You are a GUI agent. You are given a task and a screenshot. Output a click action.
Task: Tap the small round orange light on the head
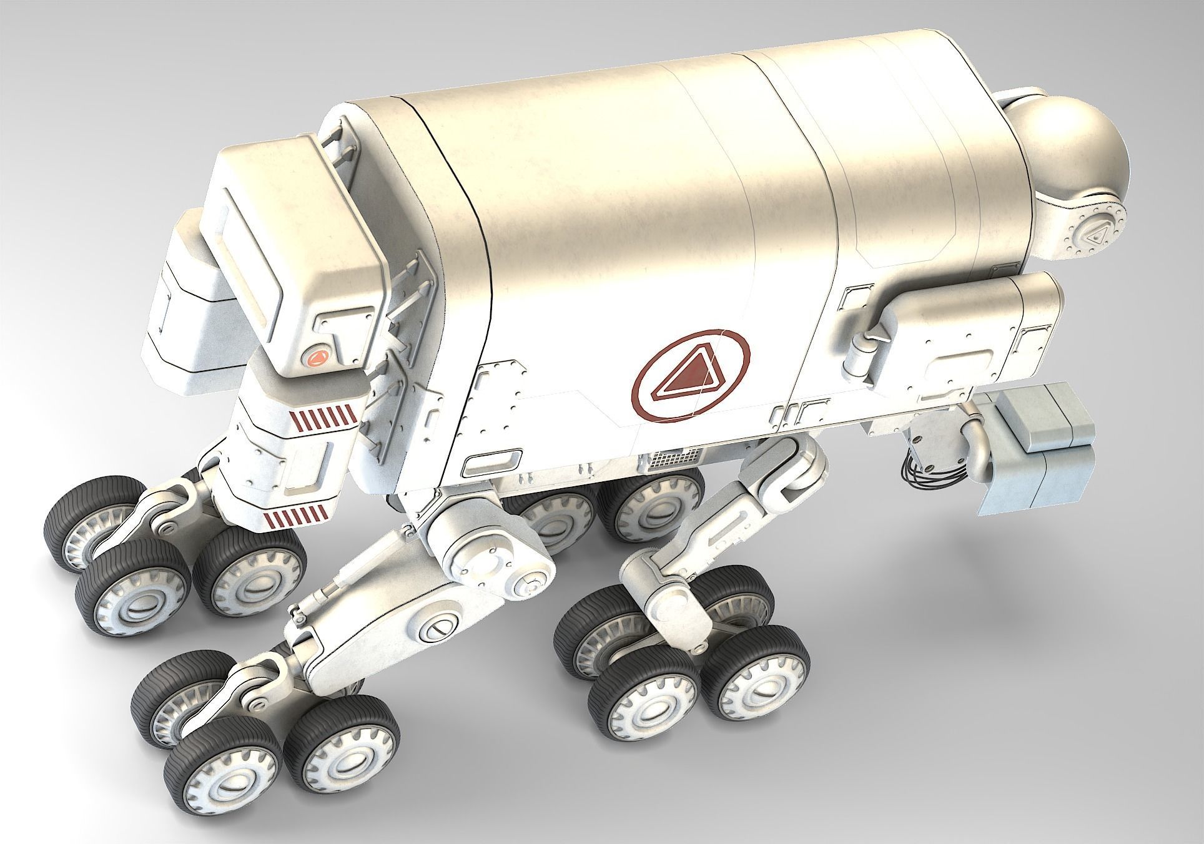pyautogui.click(x=316, y=358)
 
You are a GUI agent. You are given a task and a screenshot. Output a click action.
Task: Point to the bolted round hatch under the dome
pyautogui.click(x=1093, y=238)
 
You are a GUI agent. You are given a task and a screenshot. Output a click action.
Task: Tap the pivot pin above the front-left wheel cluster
pyautogui.click(x=166, y=527)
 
